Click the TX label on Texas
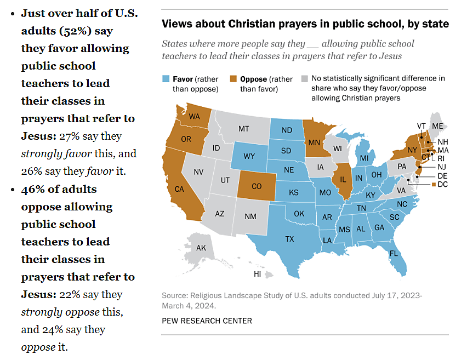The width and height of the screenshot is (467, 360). [x=290, y=238]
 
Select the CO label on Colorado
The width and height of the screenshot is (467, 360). [x=257, y=186]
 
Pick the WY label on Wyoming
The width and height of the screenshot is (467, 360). [x=249, y=156]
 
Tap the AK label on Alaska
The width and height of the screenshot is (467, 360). [x=201, y=248]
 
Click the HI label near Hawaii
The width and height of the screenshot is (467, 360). [x=257, y=273]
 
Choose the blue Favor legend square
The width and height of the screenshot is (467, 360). [x=166, y=79]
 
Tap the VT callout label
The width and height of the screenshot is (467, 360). [x=422, y=125]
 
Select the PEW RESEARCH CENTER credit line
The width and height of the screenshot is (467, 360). [x=207, y=321]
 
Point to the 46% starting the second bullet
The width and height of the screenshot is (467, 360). [x=33, y=189]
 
